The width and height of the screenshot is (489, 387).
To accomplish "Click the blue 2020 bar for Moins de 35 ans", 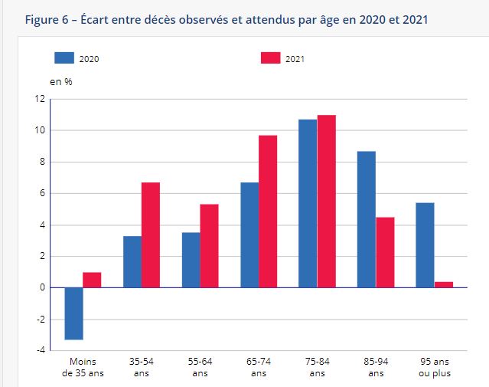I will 74,313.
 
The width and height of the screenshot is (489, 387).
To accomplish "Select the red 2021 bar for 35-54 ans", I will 151,234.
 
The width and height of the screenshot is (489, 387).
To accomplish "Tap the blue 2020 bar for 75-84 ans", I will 308,203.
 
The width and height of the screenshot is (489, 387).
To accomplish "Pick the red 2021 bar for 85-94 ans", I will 385,252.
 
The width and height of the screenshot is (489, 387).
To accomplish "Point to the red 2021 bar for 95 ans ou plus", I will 444,284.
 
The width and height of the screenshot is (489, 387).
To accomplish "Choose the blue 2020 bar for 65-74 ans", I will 249,234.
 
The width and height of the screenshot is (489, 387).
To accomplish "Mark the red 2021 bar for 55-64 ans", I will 210,245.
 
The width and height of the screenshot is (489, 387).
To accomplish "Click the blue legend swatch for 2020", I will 64,57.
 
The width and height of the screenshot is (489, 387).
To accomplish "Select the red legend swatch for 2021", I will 271,57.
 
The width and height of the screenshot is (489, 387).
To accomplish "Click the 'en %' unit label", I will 61,82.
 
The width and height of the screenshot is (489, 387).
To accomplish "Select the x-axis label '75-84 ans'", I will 318,367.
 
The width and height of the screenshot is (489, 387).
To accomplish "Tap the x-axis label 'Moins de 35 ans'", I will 83,367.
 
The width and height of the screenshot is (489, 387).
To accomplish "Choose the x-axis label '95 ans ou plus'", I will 435,367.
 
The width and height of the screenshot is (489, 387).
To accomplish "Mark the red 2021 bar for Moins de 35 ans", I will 92,280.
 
